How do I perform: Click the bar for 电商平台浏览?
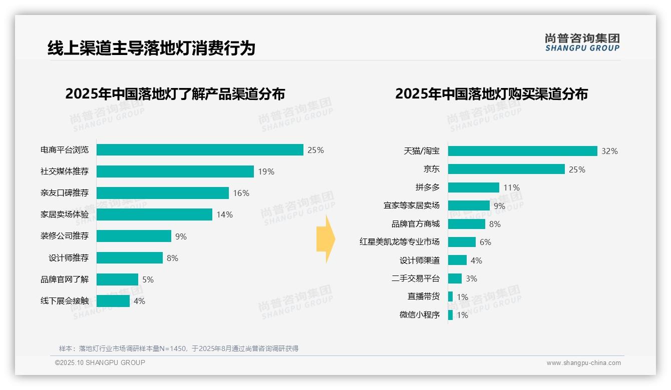(x=200, y=150)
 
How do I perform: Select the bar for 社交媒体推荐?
(x=175, y=171)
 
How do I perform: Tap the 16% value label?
(x=241, y=193)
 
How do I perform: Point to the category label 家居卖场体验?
(x=65, y=214)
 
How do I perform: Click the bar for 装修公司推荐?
(x=134, y=236)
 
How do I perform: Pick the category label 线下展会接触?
(x=65, y=300)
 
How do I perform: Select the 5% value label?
(x=148, y=279)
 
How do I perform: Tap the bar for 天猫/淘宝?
(x=522, y=151)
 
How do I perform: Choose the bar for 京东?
(x=506, y=169)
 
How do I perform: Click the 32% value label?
(x=609, y=151)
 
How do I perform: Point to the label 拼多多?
(x=427, y=187)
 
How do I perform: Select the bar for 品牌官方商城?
(x=466, y=224)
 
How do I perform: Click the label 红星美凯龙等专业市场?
(x=400, y=242)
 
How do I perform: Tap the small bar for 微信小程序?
(x=450, y=315)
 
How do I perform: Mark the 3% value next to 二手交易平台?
(x=471, y=278)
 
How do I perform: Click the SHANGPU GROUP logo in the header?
(x=582, y=42)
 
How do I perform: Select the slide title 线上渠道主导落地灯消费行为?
(x=151, y=48)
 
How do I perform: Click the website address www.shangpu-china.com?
(x=583, y=363)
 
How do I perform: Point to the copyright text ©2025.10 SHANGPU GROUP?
(x=100, y=362)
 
